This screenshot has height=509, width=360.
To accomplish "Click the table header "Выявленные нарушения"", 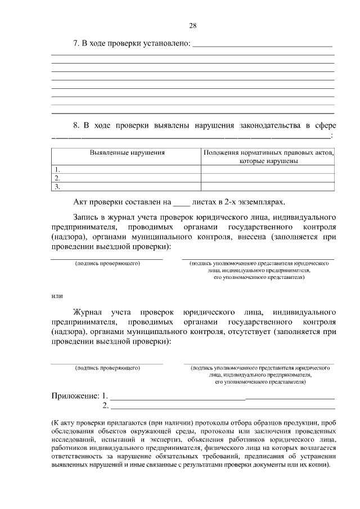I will click(x=127, y=152).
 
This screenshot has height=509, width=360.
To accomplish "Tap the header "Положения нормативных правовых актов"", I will click(x=268, y=152).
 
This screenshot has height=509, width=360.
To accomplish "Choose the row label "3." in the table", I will click(x=56, y=186).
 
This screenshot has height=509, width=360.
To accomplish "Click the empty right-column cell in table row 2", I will click(x=268, y=178).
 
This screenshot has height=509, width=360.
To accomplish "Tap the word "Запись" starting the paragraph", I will click(x=86, y=217).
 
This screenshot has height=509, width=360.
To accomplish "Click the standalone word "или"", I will click(x=57, y=296).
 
